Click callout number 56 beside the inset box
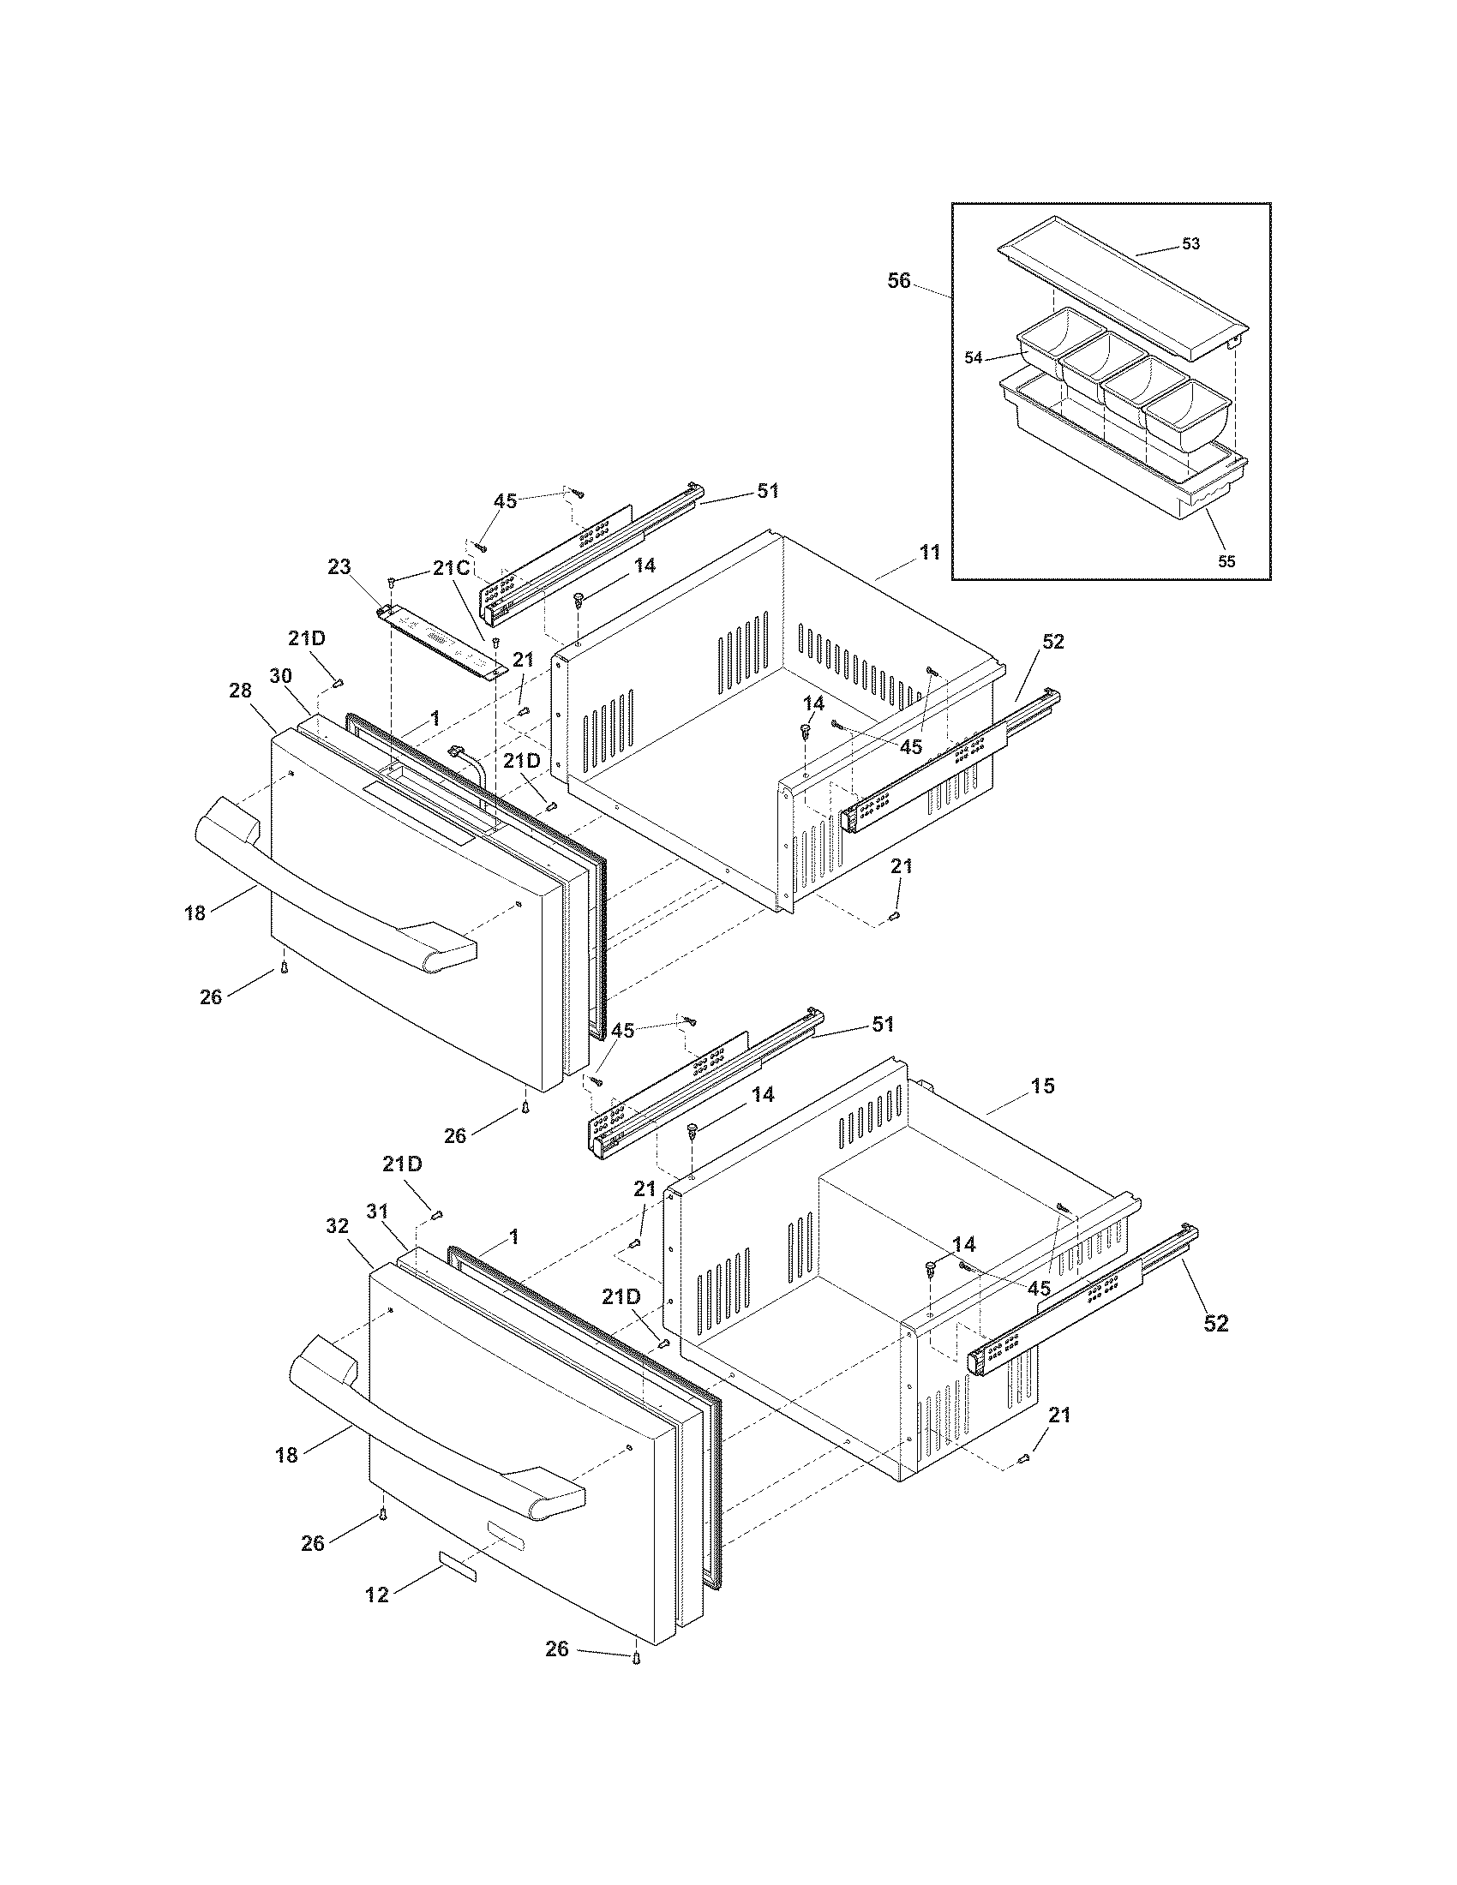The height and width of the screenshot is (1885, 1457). pyautogui.click(x=898, y=280)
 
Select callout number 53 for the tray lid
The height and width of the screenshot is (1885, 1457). pyautogui.click(x=1190, y=244)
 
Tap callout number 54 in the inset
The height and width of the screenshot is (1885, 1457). pyautogui.click(x=974, y=357)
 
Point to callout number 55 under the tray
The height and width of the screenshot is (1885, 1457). pyautogui.click(x=1226, y=561)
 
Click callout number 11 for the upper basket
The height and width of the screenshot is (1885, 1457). pyautogui.click(x=929, y=553)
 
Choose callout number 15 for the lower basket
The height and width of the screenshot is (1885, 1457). pyautogui.click(x=1043, y=1086)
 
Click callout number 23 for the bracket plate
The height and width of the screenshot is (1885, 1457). pyautogui.click(x=339, y=567)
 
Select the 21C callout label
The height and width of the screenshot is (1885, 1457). pyautogui.click(x=451, y=567)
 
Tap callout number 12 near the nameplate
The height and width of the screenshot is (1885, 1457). pyautogui.click(x=376, y=1595)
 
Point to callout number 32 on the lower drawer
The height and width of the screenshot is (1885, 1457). pyautogui.click(x=337, y=1225)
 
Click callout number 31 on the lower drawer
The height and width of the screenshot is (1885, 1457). pyautogui.click(x=378, y=1212)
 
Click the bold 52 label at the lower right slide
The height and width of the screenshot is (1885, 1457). pyautogui.click(x=1215, y=1323)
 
